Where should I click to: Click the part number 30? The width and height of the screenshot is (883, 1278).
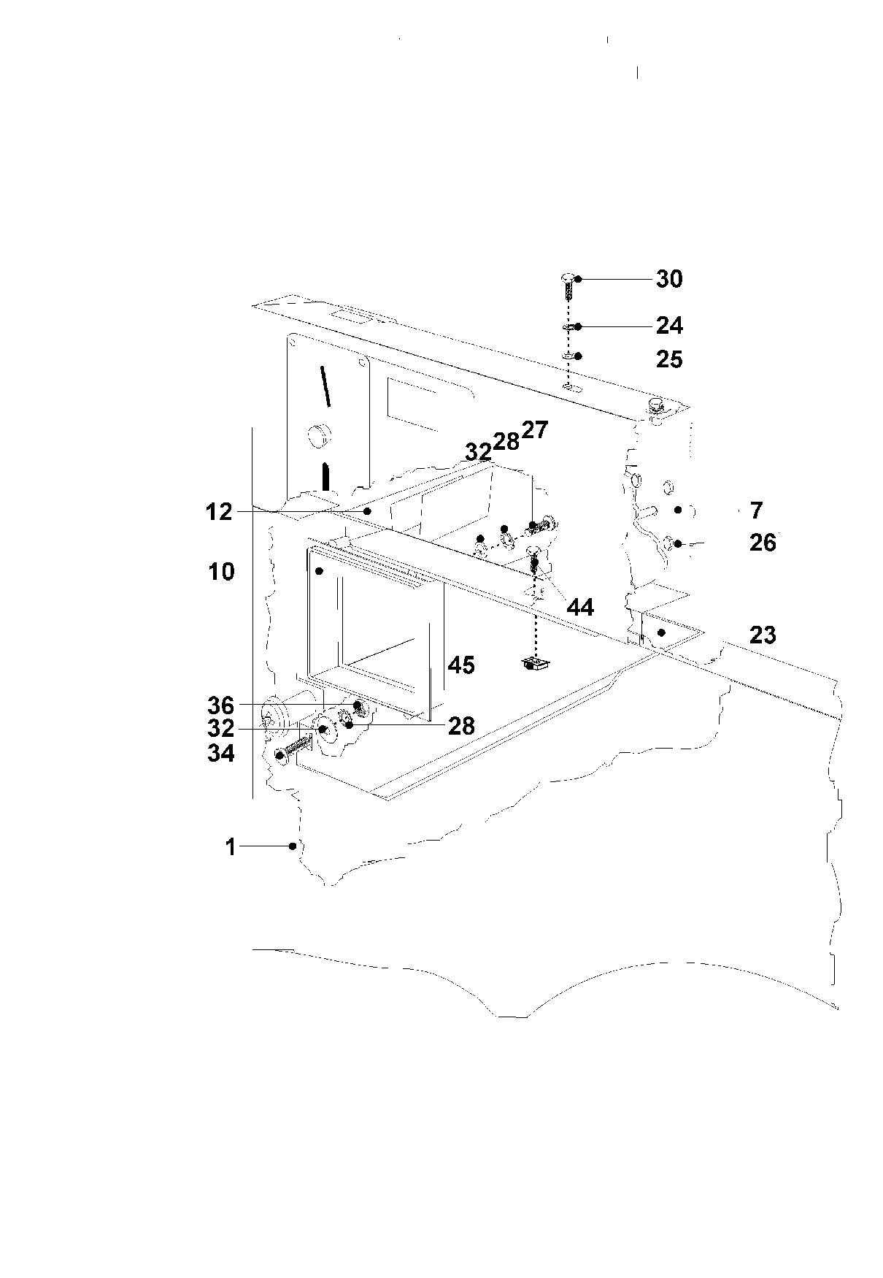point(668,279)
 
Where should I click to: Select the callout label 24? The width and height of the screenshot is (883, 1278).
point(668,325)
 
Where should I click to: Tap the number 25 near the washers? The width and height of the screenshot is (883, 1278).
point(668,359)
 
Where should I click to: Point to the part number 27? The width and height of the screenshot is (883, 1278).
point(534,429)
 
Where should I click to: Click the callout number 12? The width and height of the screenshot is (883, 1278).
point(219,512)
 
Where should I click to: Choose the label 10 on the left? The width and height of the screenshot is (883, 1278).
point(221,572)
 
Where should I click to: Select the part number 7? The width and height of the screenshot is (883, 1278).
point(756,510)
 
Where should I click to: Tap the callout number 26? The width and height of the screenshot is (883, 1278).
point(763,543)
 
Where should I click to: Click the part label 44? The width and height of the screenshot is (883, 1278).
point(580,607)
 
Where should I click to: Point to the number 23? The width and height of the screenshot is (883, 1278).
point(763,635)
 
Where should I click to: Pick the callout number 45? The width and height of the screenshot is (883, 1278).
point(461,665)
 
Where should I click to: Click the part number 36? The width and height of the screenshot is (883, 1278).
point(220,705)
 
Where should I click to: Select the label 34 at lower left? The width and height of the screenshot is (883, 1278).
point(220,753)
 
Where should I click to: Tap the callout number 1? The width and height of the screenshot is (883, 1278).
point(231,847)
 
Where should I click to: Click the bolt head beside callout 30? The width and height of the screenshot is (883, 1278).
point(567,278)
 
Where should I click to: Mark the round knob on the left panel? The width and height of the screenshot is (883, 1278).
point(319,436)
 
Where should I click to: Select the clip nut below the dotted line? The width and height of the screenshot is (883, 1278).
point(535,663)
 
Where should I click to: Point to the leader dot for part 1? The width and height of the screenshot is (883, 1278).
point(293,846)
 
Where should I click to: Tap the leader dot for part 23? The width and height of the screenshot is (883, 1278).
point(662,632)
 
